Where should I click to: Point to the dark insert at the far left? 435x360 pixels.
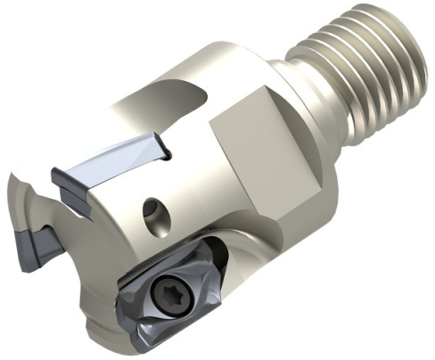[37, 242]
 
